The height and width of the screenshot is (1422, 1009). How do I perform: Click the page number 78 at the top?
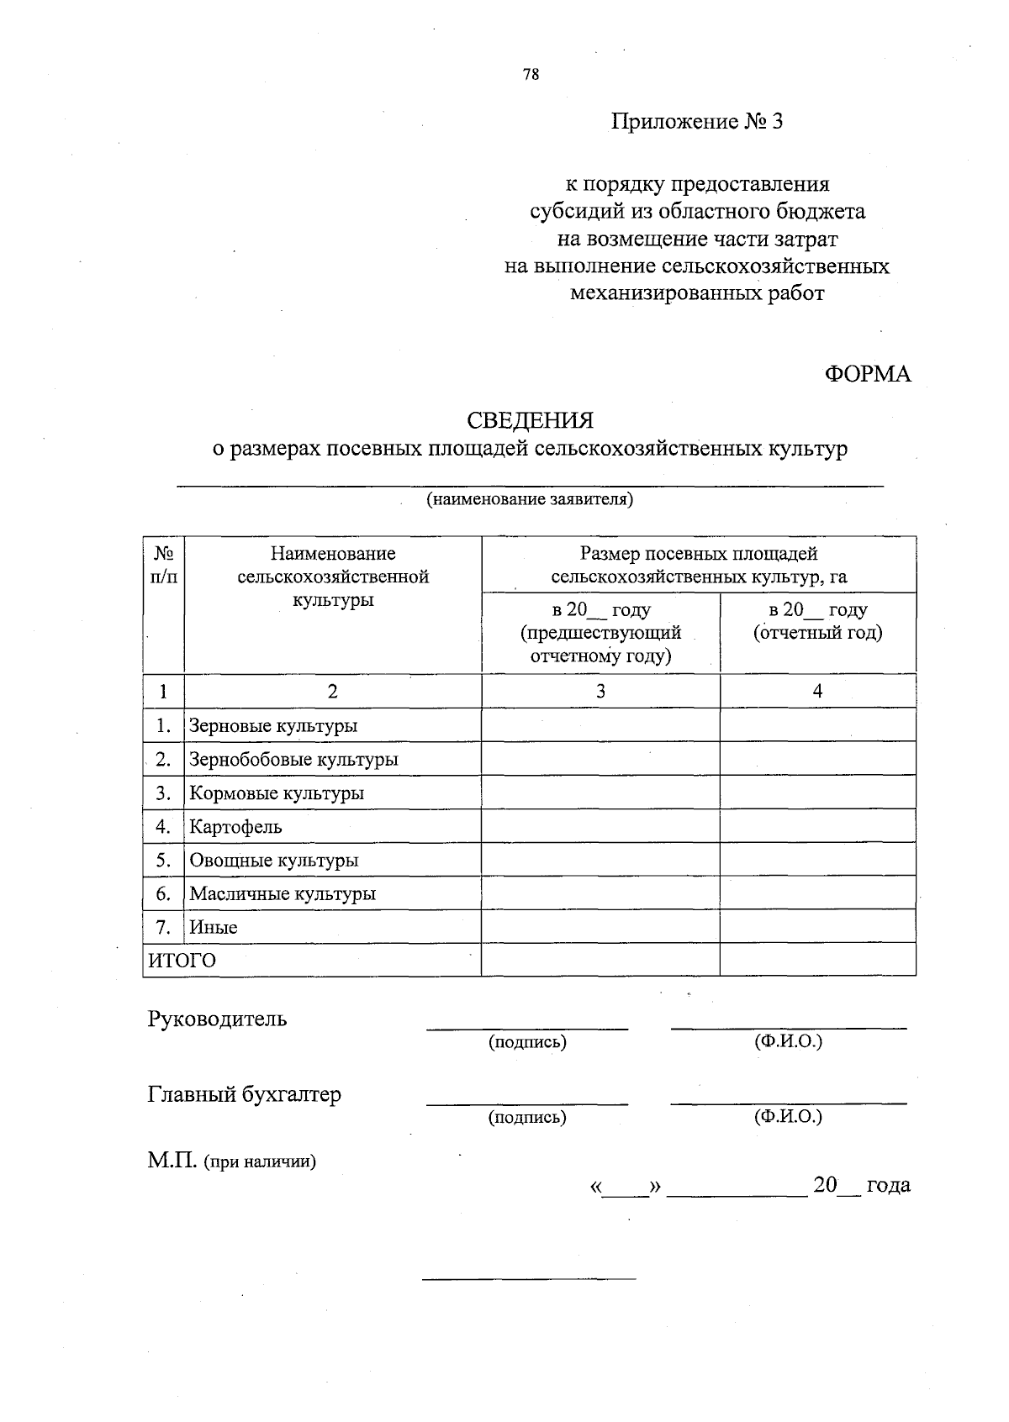[x=531, y=74]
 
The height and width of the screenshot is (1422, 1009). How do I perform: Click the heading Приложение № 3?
[x=696, y=122]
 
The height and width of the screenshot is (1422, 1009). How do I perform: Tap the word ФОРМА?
[x=867, y=374]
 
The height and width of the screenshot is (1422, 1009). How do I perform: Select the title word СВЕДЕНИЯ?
[x=531, y=419]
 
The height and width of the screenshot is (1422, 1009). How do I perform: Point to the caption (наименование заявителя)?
[x=530, y=500]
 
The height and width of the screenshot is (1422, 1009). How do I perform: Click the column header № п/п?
[x=163, y=565]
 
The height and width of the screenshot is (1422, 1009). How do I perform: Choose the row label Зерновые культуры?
[x=273, y=725]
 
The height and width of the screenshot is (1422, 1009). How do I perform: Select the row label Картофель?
[x=235, y=826]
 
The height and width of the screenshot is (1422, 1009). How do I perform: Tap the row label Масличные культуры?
[x=283, y=893]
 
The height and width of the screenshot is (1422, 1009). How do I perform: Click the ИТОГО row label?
[x=182, y=961]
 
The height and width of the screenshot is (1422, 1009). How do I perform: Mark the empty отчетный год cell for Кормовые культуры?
[x=817, y=793]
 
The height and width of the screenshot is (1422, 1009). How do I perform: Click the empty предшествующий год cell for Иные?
[x=600, y=927]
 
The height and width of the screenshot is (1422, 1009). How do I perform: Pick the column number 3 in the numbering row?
[x=600, y=691]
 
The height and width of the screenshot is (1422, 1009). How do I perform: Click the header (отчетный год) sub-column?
[x=817, y=633]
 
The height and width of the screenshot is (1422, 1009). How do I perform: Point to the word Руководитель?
[x=218, y=1019]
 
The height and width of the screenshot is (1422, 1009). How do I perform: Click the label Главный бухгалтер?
[x=245, y=1094]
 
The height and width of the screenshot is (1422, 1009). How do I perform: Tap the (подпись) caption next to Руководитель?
[x=527, y=1042]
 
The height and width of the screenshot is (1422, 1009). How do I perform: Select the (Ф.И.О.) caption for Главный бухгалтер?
[x=788, y=1117]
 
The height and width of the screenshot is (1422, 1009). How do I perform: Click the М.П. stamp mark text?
[x=172, y=1161]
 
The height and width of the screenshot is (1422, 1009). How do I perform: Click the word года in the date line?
[x=888, y=1185]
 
